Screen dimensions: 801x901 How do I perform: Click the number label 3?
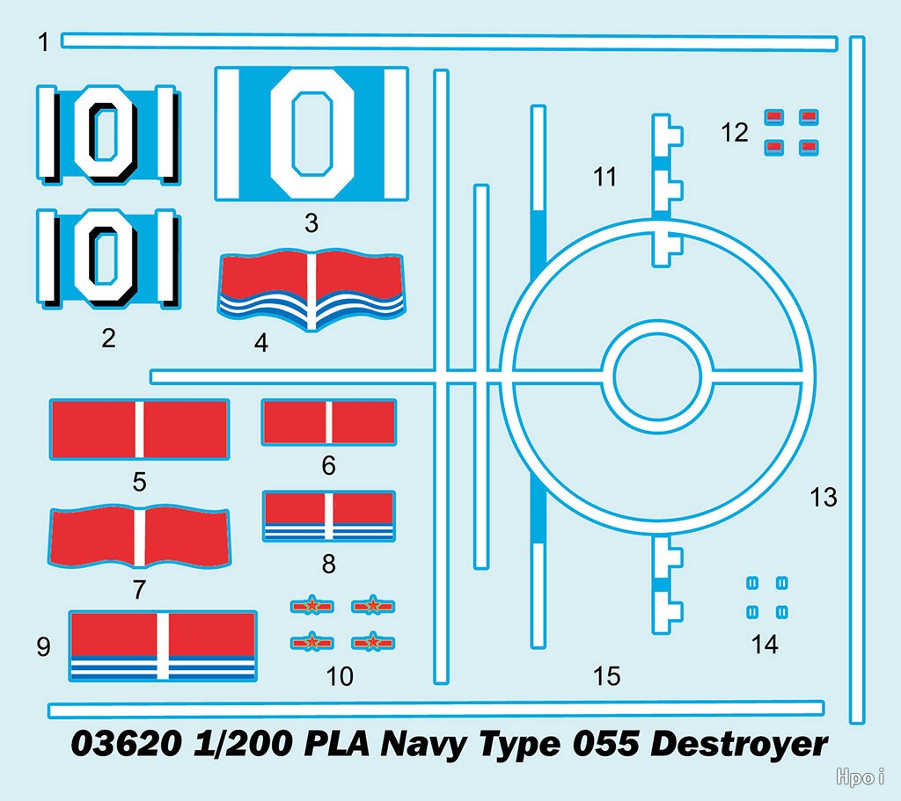click(311, 223)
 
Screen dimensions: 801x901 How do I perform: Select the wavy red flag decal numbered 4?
click(311, 290)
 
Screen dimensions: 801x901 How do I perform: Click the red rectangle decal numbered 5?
click(139, 428)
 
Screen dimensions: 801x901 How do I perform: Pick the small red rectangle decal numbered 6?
click(328, 422)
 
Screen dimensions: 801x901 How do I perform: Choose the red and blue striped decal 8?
click(328, 515)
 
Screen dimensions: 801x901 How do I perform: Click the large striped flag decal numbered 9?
click(163, 645)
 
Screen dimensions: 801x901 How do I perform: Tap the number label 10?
click(340, 676)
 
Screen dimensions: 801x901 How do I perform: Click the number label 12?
click(734, 133)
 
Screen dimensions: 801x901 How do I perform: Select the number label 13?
click(824, 498)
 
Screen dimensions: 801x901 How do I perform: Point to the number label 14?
click(765, 644)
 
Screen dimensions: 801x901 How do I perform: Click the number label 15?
click(607, 676)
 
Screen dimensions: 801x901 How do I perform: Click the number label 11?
click(605, 177)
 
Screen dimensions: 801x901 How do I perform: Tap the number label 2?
click(108, 338)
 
